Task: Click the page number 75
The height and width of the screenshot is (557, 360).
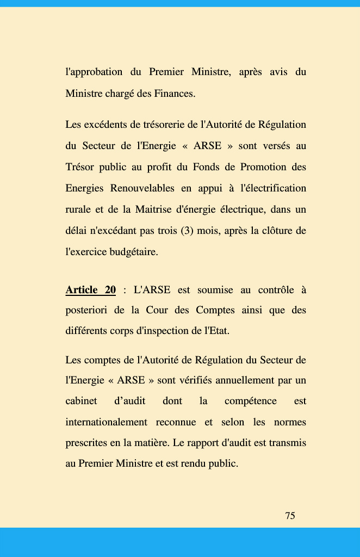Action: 290,516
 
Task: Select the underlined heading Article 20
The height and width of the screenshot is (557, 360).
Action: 90,290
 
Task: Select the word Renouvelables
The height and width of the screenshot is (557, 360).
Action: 142,188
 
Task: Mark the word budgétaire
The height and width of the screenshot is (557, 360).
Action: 134,252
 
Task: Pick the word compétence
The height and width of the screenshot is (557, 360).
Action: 250,401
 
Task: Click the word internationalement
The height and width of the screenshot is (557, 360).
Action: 106,422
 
